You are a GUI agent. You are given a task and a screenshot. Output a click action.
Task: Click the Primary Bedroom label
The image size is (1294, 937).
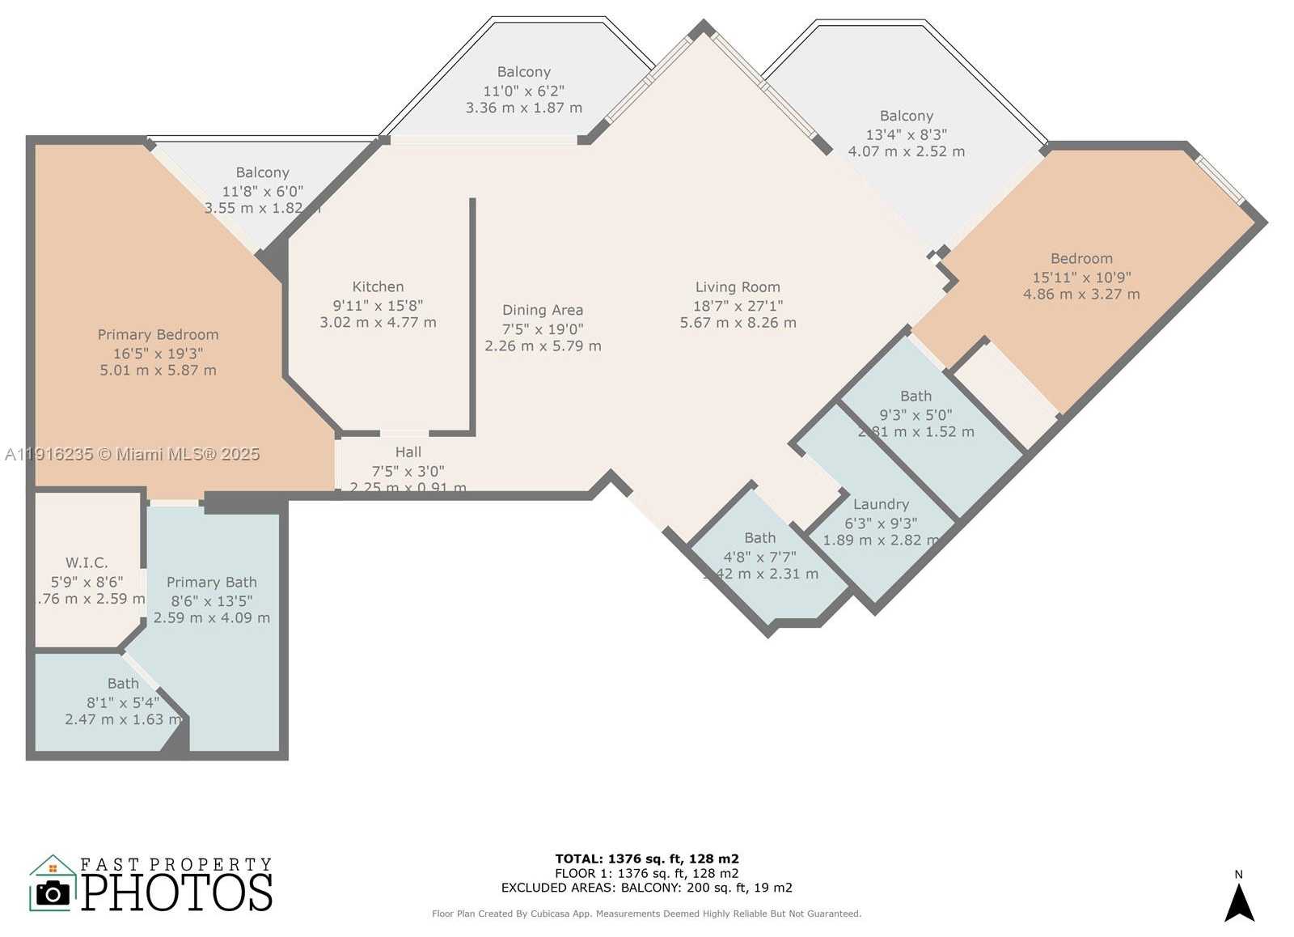158,334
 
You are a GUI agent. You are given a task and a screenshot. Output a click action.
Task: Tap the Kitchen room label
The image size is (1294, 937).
378,286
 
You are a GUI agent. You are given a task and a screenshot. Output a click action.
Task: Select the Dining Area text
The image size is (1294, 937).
542,310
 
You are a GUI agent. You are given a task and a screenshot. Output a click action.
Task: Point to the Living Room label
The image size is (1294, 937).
738,287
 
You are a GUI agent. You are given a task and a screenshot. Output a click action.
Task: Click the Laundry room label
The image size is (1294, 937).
881,504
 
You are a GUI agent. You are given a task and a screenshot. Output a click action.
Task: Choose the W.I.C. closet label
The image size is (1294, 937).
87,562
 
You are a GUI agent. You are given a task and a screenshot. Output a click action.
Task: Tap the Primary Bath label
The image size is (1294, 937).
211,582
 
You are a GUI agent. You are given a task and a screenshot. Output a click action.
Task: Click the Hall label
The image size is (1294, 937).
408,452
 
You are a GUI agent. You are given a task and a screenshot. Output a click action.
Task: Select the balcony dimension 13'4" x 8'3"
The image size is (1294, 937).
906,134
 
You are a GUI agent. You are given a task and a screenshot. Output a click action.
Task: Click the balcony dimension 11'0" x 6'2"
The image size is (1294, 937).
523,91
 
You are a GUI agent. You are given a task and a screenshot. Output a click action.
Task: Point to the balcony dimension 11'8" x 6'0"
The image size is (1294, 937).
262,191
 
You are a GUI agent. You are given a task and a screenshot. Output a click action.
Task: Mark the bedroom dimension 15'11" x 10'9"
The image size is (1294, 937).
1081,277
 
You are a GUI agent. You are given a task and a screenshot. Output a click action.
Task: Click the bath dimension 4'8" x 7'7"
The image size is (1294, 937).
759,557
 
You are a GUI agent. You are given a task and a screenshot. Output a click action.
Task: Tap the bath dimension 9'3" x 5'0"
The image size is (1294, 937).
916,414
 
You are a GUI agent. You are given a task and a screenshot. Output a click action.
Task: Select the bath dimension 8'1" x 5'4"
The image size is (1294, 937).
123,702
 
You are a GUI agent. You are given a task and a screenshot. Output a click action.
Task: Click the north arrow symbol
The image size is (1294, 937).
1238,901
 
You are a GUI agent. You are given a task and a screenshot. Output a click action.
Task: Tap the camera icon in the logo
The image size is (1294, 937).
53,893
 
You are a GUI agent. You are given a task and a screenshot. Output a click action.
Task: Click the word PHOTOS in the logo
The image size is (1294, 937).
176,892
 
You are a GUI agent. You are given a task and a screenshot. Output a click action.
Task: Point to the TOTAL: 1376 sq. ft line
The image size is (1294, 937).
646,859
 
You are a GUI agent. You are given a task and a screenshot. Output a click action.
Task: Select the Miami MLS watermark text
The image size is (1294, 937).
133,454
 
